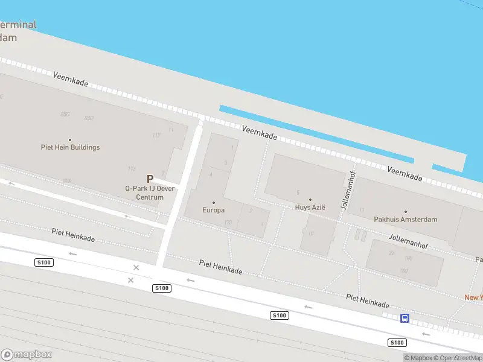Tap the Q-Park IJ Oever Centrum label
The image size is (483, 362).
[150, 192]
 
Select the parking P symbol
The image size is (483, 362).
[150, 179]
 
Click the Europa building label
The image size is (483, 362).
[213, 210]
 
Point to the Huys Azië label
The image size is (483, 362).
[310, 207]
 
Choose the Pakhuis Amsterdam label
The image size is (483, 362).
[405, 220]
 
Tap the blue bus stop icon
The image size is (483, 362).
[405, 318]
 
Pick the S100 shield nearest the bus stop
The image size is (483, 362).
[397, 342]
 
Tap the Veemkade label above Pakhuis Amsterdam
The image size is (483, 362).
[405, 174]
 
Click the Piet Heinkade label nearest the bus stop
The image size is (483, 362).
[367, 301]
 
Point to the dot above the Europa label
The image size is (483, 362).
[213, 203]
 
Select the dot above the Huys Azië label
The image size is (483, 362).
[310, 200]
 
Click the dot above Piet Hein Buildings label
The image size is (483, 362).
[70, 139]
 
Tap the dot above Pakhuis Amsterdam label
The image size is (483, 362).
[405, 212]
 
